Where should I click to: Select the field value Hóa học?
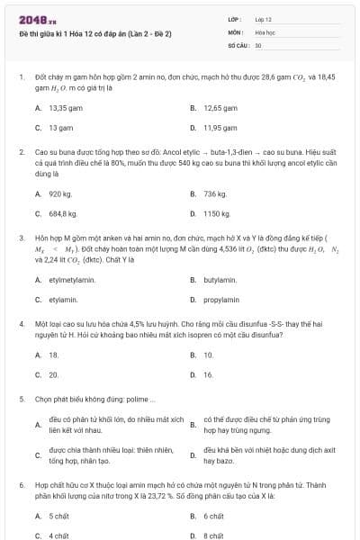(x=266, y=31)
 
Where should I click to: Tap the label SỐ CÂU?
(x=238, y=44)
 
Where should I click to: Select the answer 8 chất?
(x=213, y=535)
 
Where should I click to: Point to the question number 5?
(x=21, y=398)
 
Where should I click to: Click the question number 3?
(x=21, y=238)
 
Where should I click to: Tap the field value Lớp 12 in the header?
(x=264, y=19)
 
